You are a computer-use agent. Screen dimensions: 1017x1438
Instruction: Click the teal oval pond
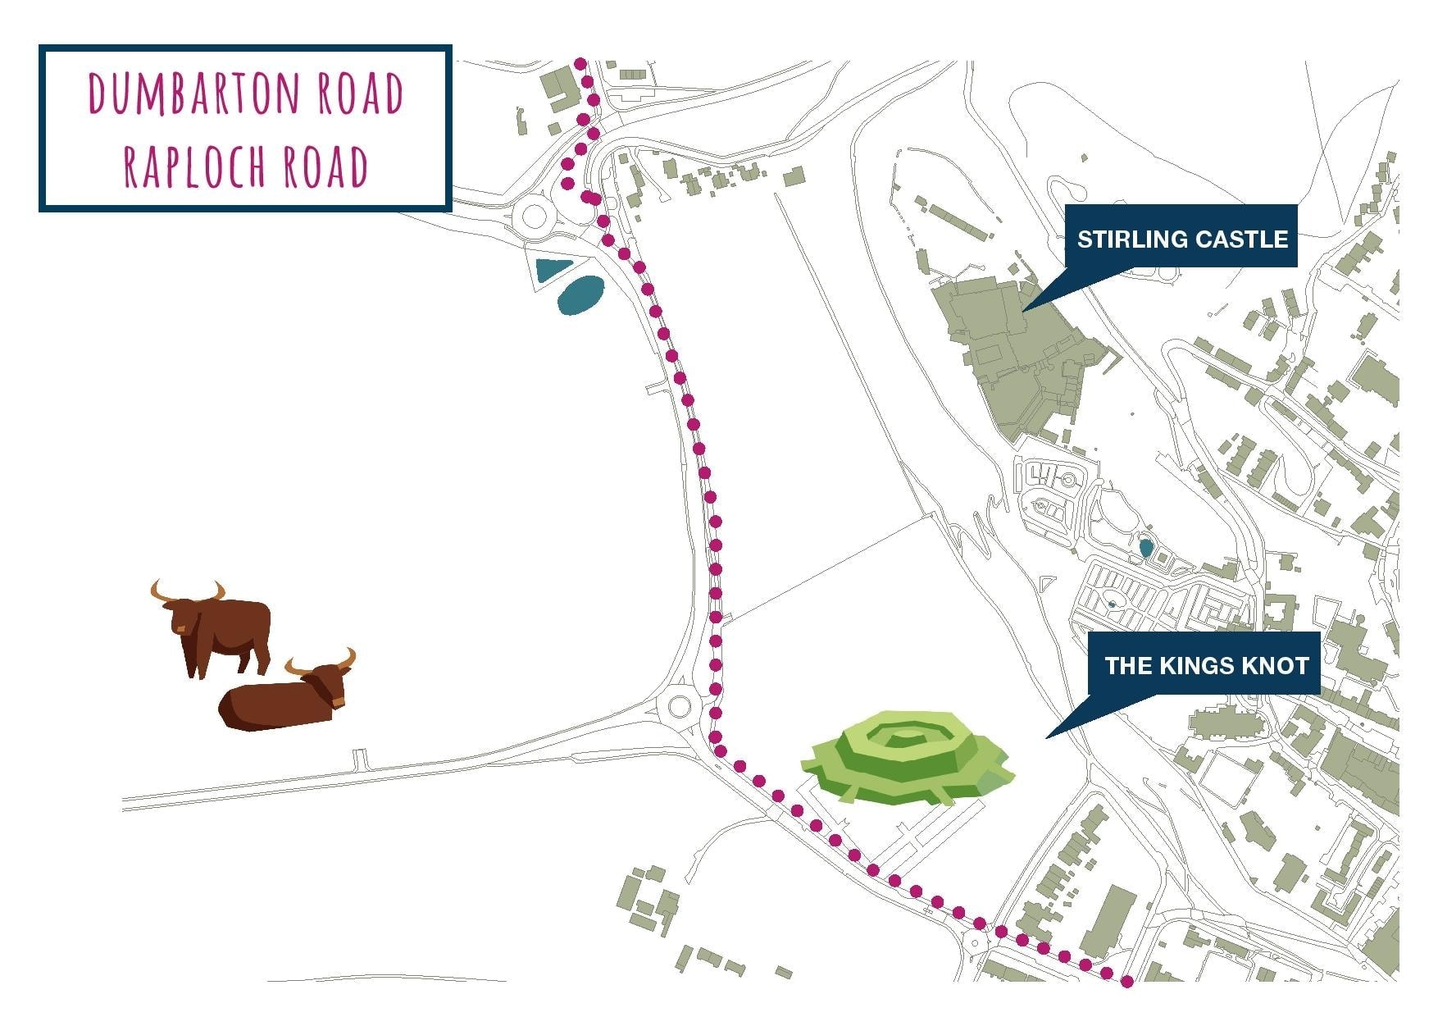tap(580, 295)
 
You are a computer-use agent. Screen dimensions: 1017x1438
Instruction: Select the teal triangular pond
tap(552, 268)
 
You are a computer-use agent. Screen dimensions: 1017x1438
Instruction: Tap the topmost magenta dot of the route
tap(580, 63)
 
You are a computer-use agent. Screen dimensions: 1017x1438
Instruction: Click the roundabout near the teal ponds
tap(534, 217)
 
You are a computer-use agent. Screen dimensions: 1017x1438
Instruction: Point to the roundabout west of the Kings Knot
tap(680, 705)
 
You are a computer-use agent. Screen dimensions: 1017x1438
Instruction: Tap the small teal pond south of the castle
tap(1145, 547)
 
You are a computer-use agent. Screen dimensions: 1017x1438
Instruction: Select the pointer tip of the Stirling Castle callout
tap(1024, 310)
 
